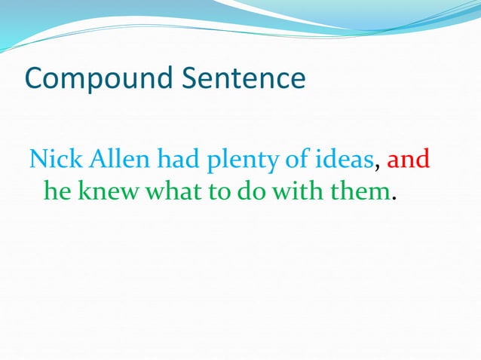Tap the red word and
pyautogui.click(x=408, y=160)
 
